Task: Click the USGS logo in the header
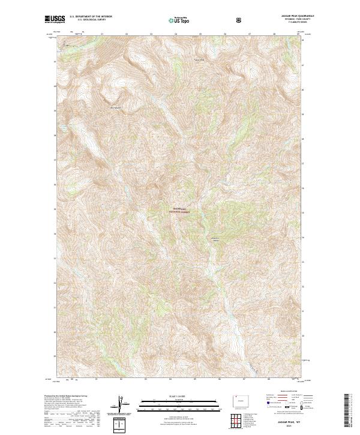(x=55, y=20)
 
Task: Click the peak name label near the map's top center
(x=198, y=59)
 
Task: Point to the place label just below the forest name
(x=214, y=240)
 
